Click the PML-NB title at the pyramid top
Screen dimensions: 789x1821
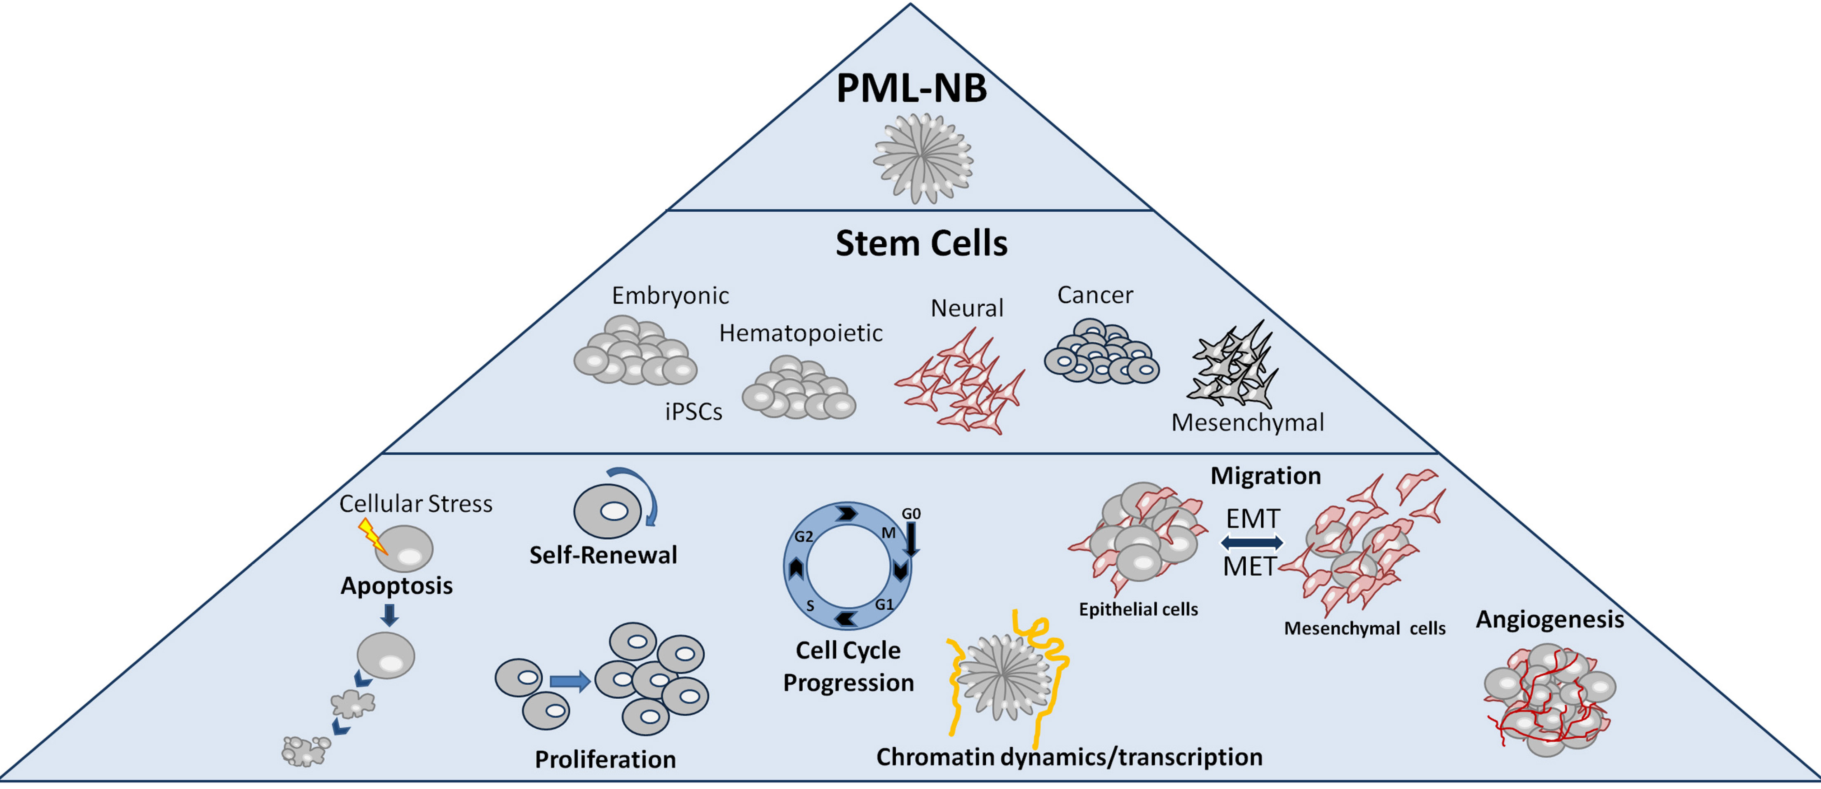[x=911, y=89]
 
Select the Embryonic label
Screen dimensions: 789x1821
[x=670, y=295]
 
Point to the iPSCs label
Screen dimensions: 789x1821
[x=694, y=412]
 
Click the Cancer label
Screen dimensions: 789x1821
[x=1094, y=295]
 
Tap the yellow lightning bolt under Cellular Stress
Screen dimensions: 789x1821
[x=373, y=535]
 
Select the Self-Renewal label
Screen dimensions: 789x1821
[x=603, y=555]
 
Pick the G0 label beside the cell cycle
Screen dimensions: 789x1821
[x=911, y=513]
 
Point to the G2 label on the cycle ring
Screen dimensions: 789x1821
[x=804, y=536]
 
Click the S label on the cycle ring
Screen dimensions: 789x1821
[x=810, y=606]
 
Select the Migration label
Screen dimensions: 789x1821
[x=1266, y=476]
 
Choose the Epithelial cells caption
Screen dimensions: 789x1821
[x=1138, y=609]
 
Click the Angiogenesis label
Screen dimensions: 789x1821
[x=1549, y=619]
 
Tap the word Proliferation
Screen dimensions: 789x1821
[x=605, y=759]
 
